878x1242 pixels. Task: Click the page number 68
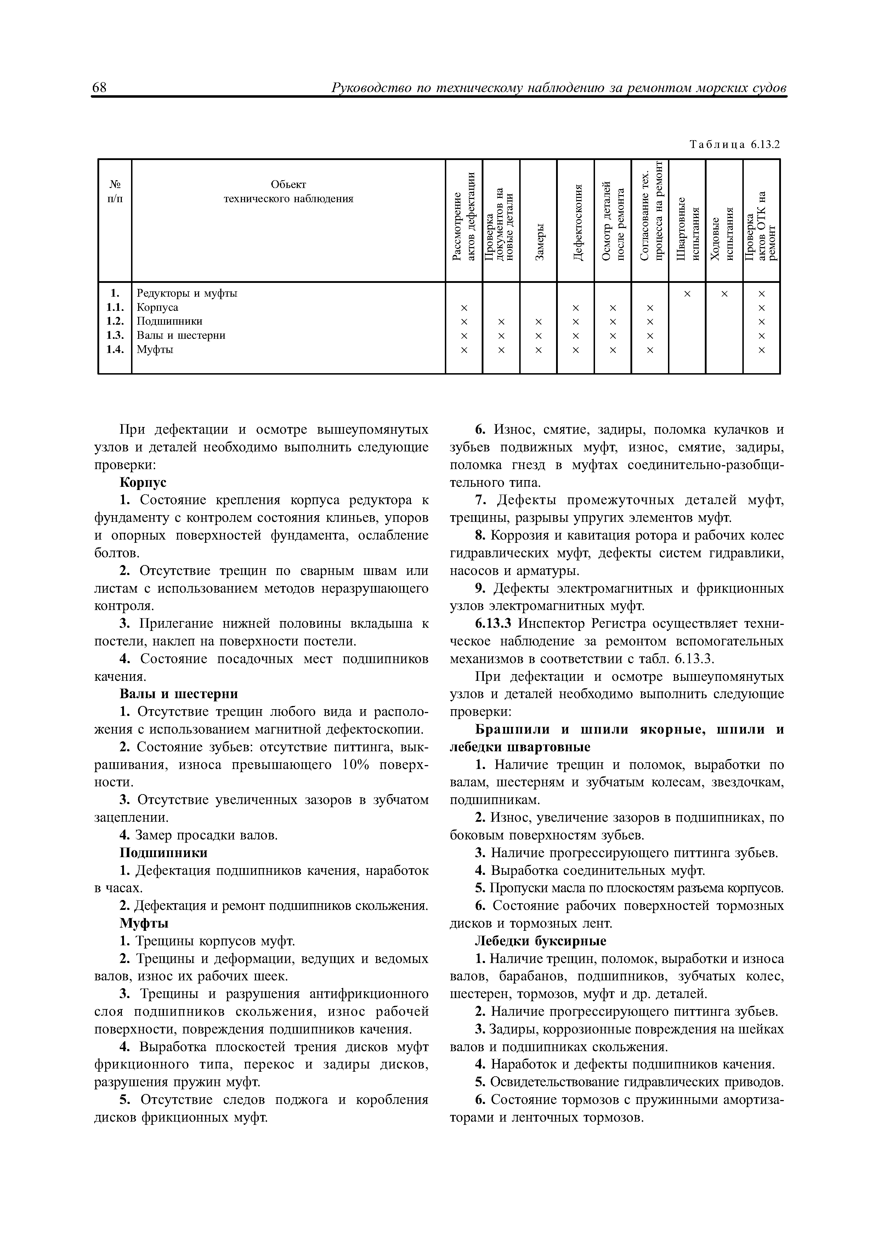tap(100, 88)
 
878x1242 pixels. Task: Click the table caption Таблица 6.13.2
tap(735, 145)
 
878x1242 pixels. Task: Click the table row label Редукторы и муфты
tap(187, 293)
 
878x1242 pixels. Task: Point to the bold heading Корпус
tap(143, 482)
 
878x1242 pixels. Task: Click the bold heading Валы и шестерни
tap(179, 694)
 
